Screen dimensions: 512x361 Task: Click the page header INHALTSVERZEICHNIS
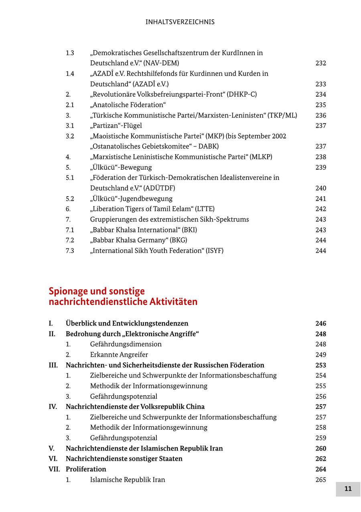pyautogui.click(x=180, y=22)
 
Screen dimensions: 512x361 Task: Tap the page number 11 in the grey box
pyautogui.click(x=348, y=489)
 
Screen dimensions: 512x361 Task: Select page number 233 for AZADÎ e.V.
pyautogui.click(x=320, y=84)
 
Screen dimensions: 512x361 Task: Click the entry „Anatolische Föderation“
pyautogui.click(x=128, y=105)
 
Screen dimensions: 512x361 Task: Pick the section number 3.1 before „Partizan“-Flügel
pyautogui.click(x=70, y=126)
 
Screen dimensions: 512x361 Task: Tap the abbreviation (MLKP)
pyautogui.click(x=261, y=157)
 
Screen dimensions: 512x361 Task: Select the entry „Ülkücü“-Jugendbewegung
pyautogui.click(x=131, y=199)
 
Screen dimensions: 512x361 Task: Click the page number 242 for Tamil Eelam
pyautogui.click(x=320, y=209)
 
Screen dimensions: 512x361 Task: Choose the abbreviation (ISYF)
pyautogui.click(x=213, y=251)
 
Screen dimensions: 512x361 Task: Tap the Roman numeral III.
pyautogui.click(x=53, y=366)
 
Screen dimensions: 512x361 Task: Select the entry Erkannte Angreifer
pyautogui.click(x=119, y=355)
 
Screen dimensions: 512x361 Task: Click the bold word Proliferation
pyautogui.click(x=86, y=469)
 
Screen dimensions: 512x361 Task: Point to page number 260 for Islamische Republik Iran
pyautogui.click(x=320, y=449)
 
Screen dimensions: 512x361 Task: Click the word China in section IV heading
pyautogui.click(x=194, y=407)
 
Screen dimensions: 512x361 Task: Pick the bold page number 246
pyautogui.click(x=320, y=324)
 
